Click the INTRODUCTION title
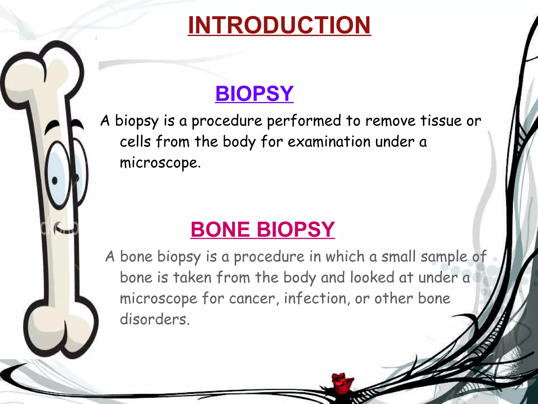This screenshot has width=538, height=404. pyautogui.click(x=279, y=25)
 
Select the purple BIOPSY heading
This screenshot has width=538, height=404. pyautogui.click(x=254, y=94)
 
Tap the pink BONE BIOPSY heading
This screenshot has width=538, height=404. pyautogui.click(x=263, y=229)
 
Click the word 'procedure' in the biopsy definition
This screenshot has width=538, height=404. pyautogui.click(x=227, y=121)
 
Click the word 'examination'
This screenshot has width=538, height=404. pyautogui.click(x=329, y=142)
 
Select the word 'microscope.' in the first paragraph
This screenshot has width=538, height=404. pyautogui.click(x=160, y=163)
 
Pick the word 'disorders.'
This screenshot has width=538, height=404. pyautogui.click(x=155, y=319)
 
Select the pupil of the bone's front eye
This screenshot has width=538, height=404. pyautogui.click(x=55, y=181)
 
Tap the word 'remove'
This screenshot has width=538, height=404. pyautogui.click(x=391, y=121)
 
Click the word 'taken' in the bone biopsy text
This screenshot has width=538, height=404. pyautogui.click(x=192, y=278)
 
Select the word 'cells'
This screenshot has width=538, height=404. pyautogui.click(x=135, y=142)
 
